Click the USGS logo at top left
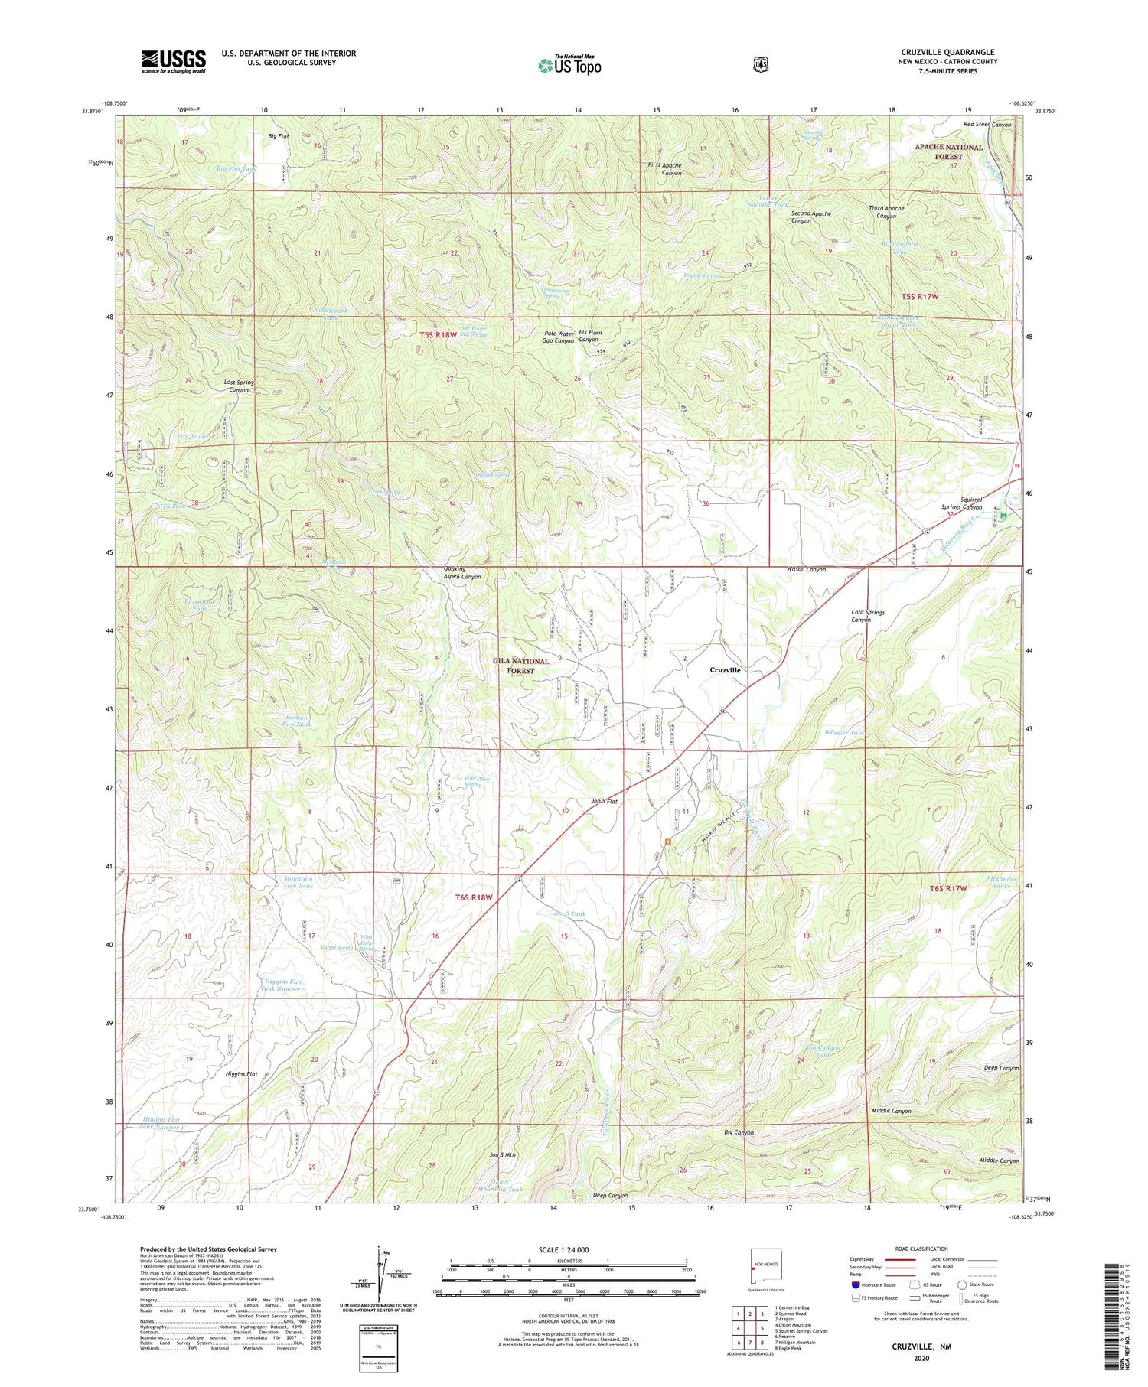coord(173,61)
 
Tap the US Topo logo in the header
coord(569,65)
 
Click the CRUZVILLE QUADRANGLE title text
coord(947,52)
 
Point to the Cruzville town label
coord(724,669)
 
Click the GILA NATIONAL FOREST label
coord(520,666)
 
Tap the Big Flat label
coord(278,136)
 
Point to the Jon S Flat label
coord(604,802)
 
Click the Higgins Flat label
coord(241,1074)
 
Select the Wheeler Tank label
coord(844,733)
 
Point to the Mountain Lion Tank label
coord(298,883)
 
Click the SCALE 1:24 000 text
coord(569,1250)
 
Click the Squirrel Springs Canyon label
coord(961,503)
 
